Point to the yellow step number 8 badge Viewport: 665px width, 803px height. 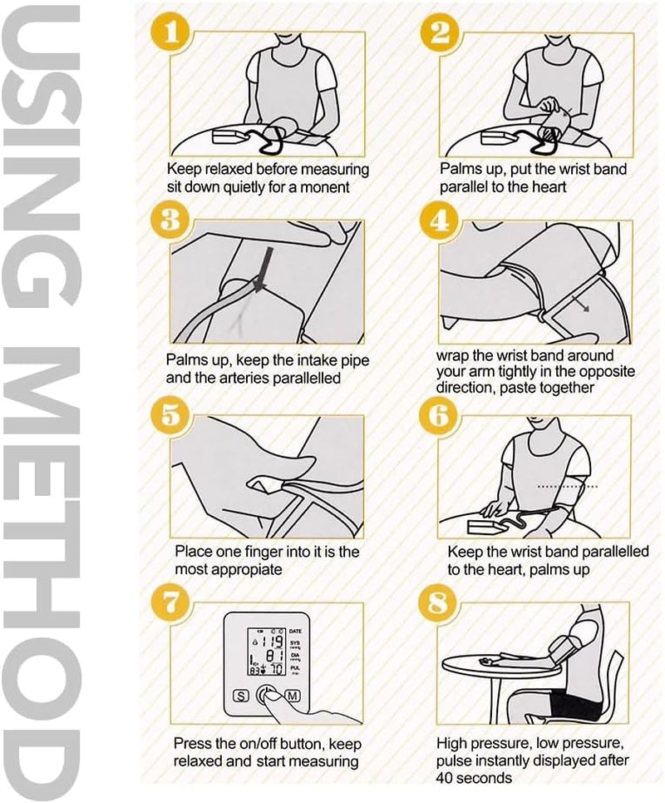[x=438, y=603]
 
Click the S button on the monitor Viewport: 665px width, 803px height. [x=240, y=696]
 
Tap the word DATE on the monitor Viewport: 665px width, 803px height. [x=296, y=632]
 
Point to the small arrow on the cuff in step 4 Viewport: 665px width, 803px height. [x=580, y=303]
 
